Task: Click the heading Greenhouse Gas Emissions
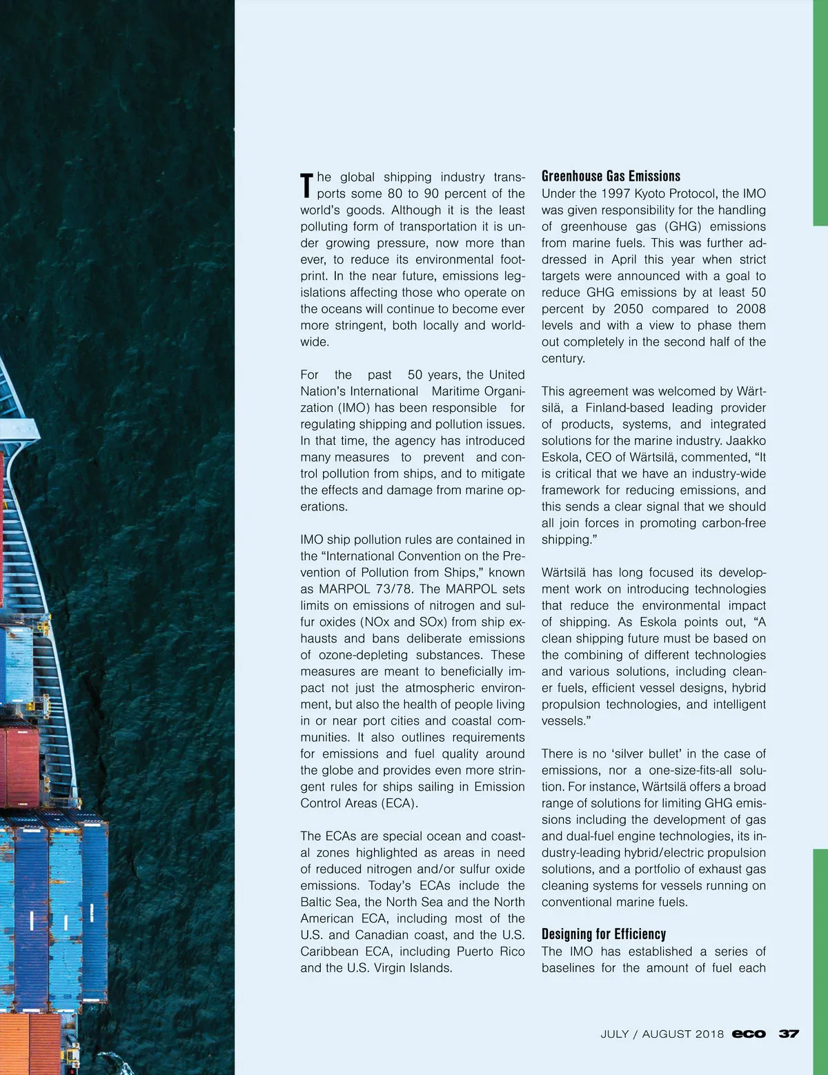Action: (x=611, y=176)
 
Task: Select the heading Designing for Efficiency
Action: (x=603, y=934)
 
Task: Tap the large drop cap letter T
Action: (x=307, y=185)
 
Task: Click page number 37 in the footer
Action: (x=789, y=1034)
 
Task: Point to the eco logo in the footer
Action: (x=749, y=1034)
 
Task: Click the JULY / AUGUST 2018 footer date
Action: (x=662, y=1034)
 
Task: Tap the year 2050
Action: (x=627, y=309)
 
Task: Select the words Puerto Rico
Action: (x=490, y=952)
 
